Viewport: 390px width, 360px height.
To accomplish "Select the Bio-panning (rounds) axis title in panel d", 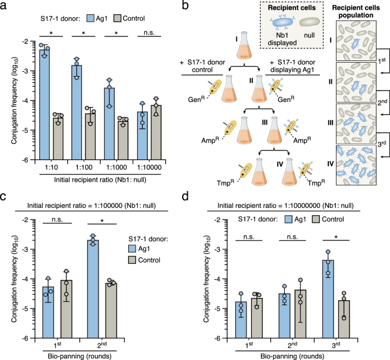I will tap(298, 355).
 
